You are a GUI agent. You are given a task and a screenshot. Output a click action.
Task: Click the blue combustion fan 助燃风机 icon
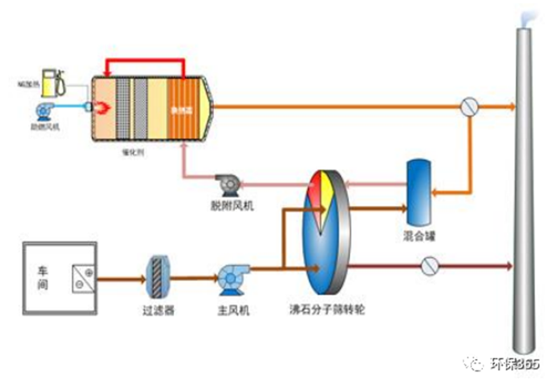[44, 111]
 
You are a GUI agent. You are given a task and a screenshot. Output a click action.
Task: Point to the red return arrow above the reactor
[144, 62]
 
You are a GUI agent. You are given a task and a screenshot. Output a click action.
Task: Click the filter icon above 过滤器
[158, 271]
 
